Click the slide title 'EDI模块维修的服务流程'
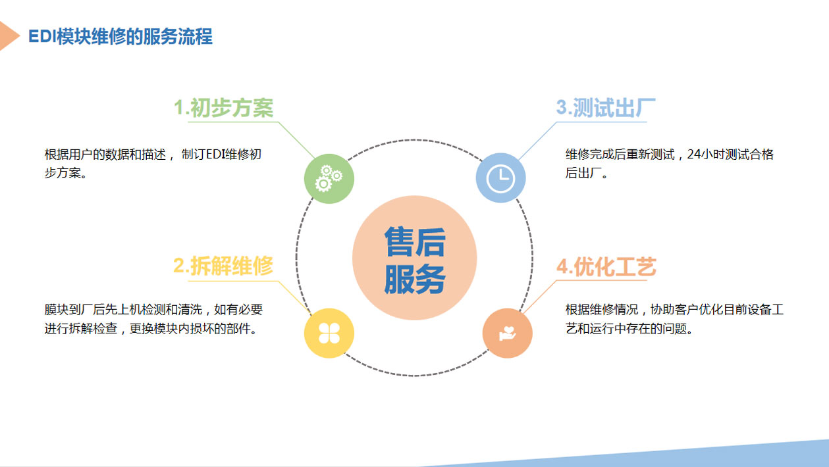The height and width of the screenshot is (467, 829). (120, 36)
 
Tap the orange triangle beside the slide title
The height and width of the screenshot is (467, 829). (8, 36)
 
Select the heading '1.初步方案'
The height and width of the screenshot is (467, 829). (223, 108)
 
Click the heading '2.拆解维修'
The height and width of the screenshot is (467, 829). (223, 266)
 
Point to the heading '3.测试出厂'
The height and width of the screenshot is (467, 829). (606, 108)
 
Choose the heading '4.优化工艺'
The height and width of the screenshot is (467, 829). (606, 266)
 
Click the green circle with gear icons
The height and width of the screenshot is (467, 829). (329, 179)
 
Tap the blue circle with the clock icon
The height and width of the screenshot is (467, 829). (500, 178)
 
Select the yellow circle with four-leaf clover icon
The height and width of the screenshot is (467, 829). (329, 333)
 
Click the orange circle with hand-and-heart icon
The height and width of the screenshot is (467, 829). (508, 333)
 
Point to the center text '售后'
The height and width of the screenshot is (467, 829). (415, 242)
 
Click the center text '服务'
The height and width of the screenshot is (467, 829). (415, 278)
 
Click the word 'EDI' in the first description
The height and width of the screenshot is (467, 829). (213, 154)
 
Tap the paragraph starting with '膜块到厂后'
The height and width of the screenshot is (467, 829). (153, 319)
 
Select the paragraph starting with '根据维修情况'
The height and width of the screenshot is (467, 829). (675, 319)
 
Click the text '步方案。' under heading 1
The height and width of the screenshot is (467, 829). (66, 173)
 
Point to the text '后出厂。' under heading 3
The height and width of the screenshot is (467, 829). (587, 173)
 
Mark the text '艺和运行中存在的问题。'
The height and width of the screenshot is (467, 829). (629, 328)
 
